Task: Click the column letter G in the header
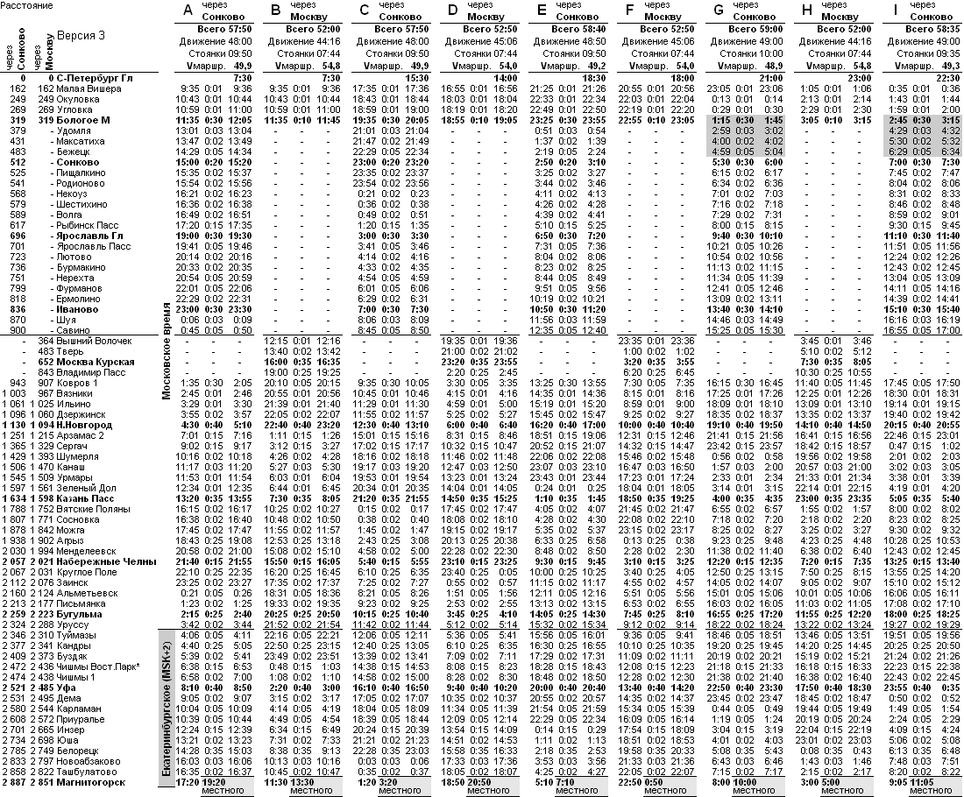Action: click(719, 11)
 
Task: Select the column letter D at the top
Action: click(453, 11)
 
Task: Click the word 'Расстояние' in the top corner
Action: click(27, 5)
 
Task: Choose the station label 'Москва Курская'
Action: click(96, 363)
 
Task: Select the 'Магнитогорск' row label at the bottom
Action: click(93, 782)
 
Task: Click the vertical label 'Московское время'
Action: click(167, 349)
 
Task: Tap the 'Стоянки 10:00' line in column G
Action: click(748, 54)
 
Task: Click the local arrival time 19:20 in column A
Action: click(215, 782)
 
